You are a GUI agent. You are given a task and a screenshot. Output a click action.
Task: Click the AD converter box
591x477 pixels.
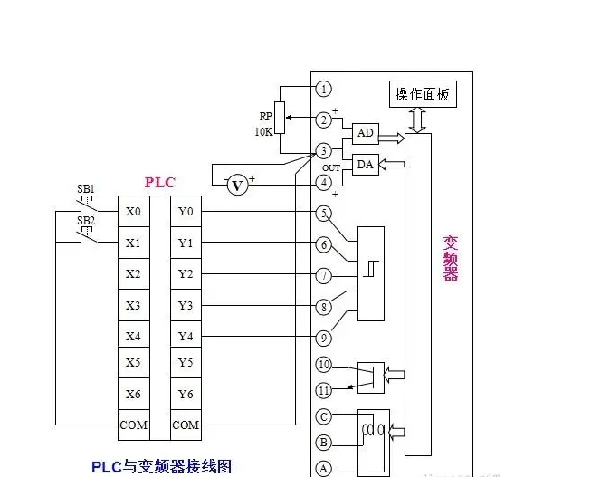[366, 133]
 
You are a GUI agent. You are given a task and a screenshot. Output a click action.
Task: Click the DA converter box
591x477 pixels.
[366, 164]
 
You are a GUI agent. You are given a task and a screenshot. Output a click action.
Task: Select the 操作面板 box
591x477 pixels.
[424, 94]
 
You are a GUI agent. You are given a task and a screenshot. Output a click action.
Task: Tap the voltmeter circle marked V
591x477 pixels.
[237, 185]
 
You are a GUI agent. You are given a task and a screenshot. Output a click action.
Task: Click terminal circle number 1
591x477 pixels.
[324, 89]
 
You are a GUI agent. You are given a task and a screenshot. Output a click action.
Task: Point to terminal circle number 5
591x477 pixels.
[324, 213]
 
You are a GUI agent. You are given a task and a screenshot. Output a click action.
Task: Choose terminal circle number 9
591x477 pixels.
[324, 337]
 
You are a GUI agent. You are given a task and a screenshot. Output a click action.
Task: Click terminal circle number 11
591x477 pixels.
[324, 390]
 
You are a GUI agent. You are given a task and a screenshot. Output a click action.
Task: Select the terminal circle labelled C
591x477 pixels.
[324, 416]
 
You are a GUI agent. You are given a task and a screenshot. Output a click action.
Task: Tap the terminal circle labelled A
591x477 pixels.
[324, 469]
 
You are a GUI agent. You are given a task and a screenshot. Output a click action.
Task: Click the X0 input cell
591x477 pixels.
[133, 213]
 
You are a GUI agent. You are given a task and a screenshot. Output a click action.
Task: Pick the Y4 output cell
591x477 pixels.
[186, 337]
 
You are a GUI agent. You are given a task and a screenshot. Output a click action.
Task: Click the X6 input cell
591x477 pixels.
[133, 394]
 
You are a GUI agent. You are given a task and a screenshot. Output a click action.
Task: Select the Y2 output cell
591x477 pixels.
[186, 273]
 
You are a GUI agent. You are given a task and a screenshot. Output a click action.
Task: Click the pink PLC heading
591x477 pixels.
[160, 183]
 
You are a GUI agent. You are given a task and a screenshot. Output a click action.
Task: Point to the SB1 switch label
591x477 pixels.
[85, 189]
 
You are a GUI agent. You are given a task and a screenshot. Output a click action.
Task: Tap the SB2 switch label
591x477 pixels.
[85, 221]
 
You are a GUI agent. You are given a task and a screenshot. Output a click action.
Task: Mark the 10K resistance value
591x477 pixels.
[263, 132]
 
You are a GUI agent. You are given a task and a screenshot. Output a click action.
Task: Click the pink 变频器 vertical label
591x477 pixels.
[450, 258]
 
